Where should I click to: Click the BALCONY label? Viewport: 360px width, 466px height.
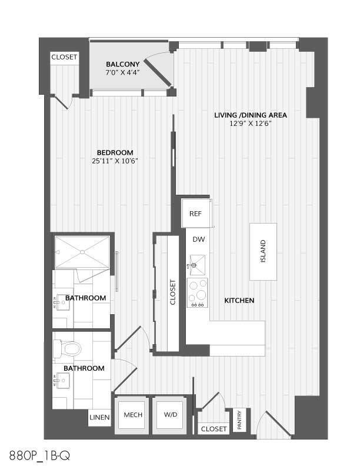point(122,64)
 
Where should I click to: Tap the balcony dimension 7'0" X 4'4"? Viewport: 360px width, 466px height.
point(122,72)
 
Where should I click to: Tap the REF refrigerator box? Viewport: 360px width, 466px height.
point(195,214)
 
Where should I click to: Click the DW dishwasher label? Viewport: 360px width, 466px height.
point(198,239)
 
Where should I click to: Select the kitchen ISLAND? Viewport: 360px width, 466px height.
point(262,251)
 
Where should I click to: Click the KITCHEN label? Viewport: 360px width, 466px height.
point(239,301)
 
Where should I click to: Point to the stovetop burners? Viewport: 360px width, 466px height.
point(198,292)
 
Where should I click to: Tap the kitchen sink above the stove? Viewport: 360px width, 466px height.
point(196,262)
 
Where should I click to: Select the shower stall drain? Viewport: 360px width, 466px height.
point(82,252)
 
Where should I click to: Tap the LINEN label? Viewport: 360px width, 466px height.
point(98,418)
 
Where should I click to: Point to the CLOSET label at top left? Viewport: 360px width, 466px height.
point(64,57)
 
